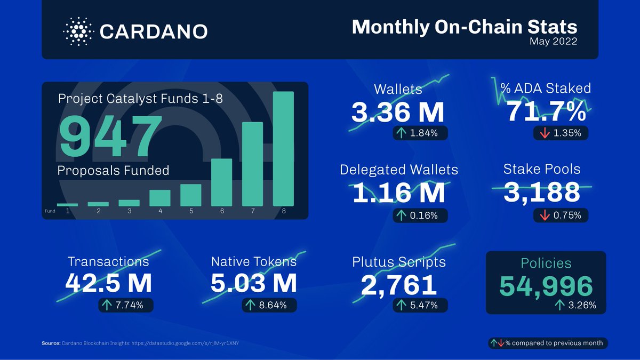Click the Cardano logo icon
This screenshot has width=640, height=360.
(x=78, y=30)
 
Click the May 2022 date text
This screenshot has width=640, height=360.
(x=553, y=42)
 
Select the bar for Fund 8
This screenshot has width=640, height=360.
(x=283, y=149)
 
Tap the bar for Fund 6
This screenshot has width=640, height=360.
(x=221, y=182)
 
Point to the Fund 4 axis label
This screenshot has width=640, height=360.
(x=160, y=211)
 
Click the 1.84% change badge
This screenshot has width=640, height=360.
(x=420, y=133)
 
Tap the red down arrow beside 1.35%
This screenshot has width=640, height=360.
(x=545, y=133)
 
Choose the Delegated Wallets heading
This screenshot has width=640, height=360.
(x=398, y=170)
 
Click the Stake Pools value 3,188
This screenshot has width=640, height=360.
(x=542, y=192)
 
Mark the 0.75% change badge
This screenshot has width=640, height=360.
(x=561, y=215)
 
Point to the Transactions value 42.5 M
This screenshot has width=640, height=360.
(x=108, y=283)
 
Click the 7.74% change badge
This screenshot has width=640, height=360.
(x=126, y=305)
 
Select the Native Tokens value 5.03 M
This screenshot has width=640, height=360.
(x=253, y=283)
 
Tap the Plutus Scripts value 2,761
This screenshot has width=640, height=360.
(x=399, y=284)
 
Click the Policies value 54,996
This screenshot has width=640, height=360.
(x=546, y=286)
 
